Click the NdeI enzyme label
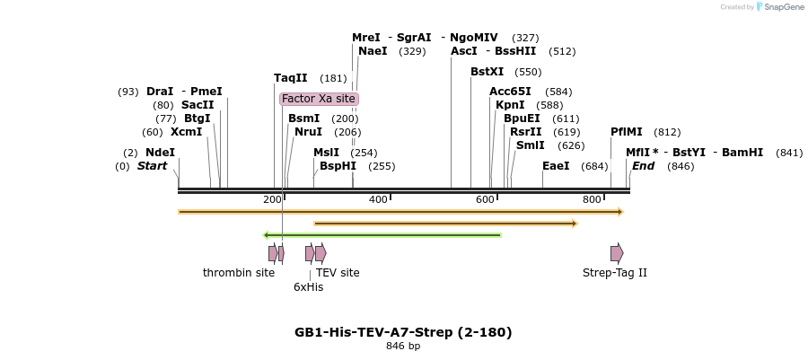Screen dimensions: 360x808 160,153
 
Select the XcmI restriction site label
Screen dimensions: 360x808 186,132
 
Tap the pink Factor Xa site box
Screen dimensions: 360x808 319,99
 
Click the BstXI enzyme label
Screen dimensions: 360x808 487,72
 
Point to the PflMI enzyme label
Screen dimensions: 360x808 627,132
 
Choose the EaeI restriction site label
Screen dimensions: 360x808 556,166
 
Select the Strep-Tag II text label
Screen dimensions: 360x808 615,273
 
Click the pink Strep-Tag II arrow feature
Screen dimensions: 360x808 617,253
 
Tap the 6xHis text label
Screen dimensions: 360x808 308,287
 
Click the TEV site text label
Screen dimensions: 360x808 338,273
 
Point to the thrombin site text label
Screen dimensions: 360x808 239,273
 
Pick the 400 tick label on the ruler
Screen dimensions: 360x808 378,199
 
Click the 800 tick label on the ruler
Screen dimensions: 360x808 592,199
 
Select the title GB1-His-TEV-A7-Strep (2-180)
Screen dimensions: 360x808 403,332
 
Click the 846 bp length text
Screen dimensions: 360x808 403,347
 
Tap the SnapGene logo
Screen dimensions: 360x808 780,7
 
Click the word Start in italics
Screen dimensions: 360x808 152,166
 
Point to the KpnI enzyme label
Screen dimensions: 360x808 510,105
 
